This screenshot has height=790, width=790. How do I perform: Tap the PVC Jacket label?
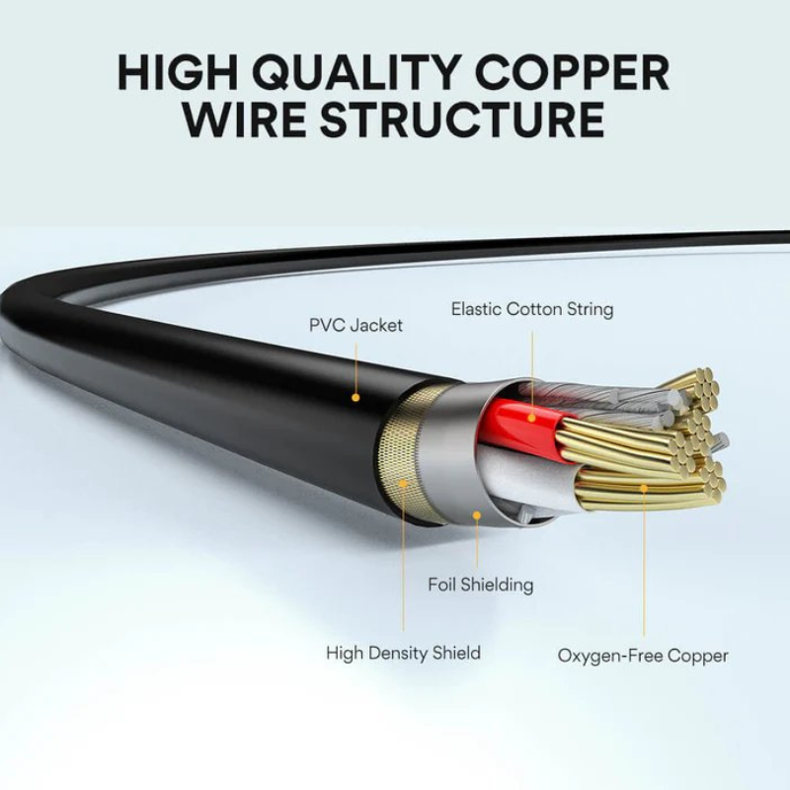pos(355,325)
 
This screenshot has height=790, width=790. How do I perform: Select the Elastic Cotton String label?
pos(532,309)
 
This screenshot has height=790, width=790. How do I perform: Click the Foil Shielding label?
pos(480,585)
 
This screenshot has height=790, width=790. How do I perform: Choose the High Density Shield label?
pos(403,653)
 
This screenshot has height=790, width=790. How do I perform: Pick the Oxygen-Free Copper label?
pos(643,655)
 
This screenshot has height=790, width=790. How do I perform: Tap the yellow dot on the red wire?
pos(531,418)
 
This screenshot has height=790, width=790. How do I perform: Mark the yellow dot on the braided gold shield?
pos(403,483)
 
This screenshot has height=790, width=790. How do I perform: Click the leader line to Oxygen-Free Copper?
pos(644,563)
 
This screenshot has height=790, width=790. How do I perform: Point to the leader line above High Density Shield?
pos(403,563)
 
